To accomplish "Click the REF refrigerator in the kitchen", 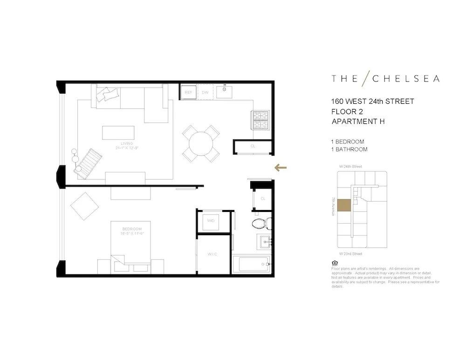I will (x=189, y=92).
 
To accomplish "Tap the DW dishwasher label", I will (x=205, y=92).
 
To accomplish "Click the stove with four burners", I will (x=260, y=120).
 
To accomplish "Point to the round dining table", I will (x=201, y=143).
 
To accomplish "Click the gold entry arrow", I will (x=280, y=168).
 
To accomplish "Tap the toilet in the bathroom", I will (x=259, y=223).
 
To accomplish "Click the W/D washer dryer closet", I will (x=211, y=220).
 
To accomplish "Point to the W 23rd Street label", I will (x=351, y=254).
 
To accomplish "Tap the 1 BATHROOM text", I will (x=349, y=149).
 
